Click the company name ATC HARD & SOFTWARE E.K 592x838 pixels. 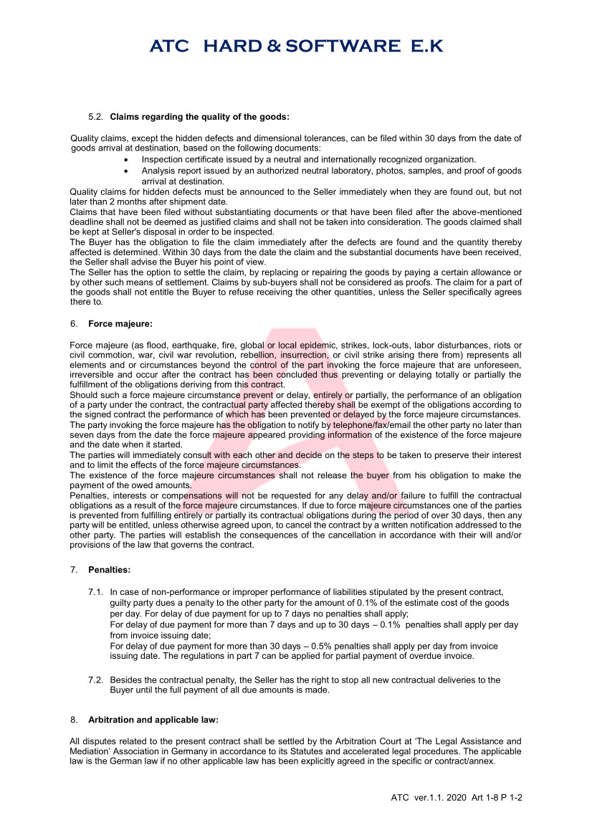[x=296, y=47]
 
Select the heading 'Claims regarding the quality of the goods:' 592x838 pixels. [x=199, y=115]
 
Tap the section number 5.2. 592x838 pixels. [x=96, y=115]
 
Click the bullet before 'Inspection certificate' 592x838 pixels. [x=127, y=159]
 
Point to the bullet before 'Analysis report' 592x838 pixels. [x=127, y=171]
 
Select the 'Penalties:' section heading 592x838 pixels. [x=109, y=570]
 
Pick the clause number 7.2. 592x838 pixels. [x=96, y=680]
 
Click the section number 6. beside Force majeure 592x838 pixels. [x=74, y=324]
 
